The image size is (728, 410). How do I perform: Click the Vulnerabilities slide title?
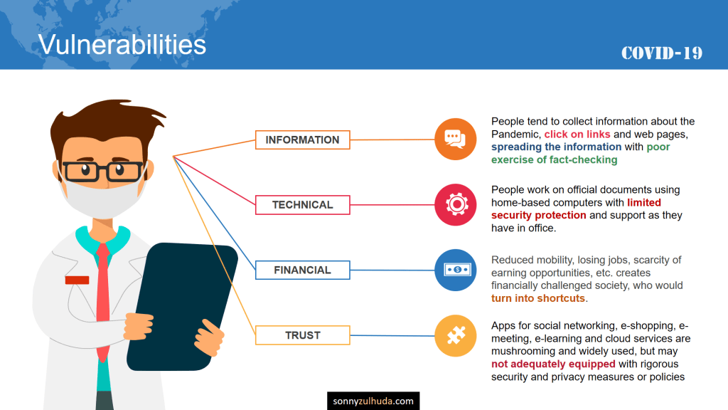122,45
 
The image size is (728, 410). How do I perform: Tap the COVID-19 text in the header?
662,53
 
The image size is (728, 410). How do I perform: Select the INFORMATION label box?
303,140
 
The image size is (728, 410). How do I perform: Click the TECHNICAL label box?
303,205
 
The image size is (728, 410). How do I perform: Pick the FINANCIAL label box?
303,270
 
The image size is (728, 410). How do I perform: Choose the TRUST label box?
303,335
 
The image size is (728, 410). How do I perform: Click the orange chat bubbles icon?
456,139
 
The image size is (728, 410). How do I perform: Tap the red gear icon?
456,204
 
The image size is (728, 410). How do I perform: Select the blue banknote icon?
456,270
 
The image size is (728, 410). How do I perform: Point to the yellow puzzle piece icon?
456,336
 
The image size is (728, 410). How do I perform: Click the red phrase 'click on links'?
577,135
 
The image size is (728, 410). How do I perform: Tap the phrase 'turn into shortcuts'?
538,298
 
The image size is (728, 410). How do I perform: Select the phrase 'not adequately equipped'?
553,364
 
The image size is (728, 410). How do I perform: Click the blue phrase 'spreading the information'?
556,147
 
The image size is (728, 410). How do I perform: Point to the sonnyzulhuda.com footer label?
373,401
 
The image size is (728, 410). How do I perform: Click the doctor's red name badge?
77,280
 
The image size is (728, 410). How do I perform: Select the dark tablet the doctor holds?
181,307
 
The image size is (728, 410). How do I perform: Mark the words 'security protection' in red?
539,215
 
